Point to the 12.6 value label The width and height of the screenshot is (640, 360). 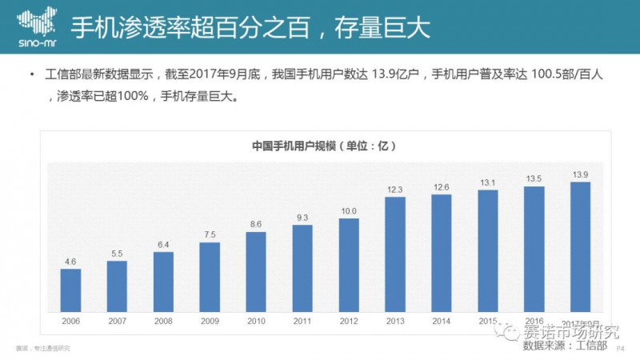tap(441, 187)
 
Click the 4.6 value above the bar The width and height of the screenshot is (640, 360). tap(70, 261)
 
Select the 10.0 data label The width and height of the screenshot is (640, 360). tap(349, 211)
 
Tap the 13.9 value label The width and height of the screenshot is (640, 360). tap(581, 174)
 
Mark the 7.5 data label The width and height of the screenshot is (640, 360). tap(209, 234)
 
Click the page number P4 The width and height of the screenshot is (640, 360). tap(618, 348)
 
